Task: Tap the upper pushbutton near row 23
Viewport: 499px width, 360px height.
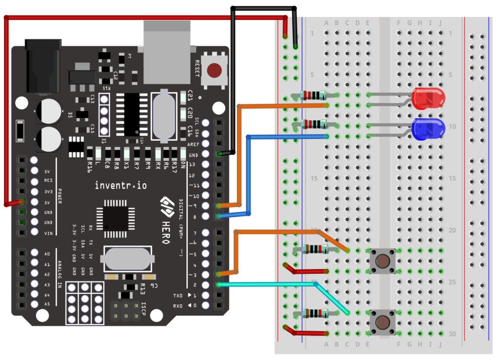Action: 383,261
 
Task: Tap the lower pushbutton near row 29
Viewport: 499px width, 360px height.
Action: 383,322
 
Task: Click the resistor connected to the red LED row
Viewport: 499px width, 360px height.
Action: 313,95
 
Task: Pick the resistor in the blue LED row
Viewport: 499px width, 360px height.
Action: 313,124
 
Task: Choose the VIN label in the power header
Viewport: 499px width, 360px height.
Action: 47,233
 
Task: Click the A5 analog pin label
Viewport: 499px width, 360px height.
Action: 47,304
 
